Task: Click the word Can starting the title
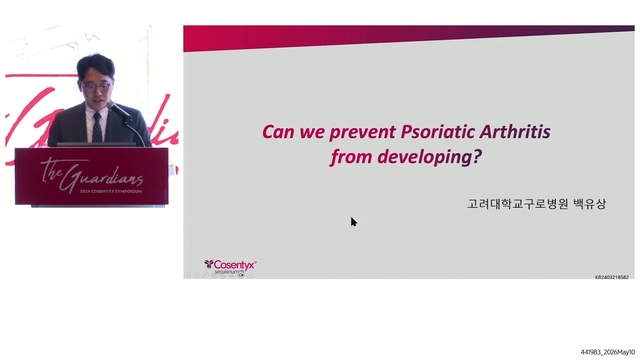[276, 131]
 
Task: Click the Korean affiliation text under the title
[538, 203]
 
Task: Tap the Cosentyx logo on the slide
[231, 265]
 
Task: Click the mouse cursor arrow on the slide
[354, 222]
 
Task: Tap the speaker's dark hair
[96, 63]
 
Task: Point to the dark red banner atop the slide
[410, 37]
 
